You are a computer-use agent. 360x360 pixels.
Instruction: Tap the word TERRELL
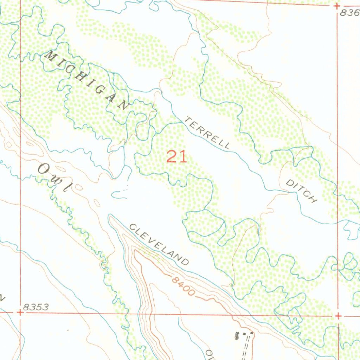tap(208, 133)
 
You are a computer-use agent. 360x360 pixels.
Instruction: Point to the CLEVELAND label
tap(159, 244)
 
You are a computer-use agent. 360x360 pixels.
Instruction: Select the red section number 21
tap(176, 156)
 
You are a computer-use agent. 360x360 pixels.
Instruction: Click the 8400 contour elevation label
tap(184, 286)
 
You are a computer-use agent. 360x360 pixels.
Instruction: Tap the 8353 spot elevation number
tap(36, 307)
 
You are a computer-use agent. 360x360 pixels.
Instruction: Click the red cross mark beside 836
tap(337, 6)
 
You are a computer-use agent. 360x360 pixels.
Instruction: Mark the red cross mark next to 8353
tap(20, 312)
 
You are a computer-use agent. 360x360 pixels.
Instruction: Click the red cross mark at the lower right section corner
tap(338, 316)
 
